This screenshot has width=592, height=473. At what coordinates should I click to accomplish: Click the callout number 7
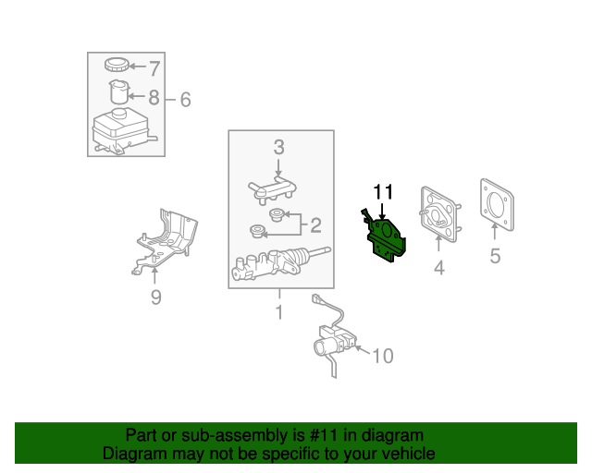pos(154,68)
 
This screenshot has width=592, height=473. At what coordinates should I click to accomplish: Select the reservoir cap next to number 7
pos(117,65)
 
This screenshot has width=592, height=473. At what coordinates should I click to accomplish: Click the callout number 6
pos(185,100)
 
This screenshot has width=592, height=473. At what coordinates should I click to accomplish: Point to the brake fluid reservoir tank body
pos(121,131)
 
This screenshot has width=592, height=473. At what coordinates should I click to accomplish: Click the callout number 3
pos(279,147)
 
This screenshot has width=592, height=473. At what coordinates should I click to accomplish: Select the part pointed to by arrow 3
pos(272,189)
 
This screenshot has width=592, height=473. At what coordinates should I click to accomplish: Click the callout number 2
pos(315,225)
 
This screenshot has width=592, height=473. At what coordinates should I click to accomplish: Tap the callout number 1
pos(279,312)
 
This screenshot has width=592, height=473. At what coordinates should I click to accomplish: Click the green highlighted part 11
pos(384,236)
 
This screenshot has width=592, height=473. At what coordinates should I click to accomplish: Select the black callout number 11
pos(383,191)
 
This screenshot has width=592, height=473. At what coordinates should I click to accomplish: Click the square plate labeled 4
pos(440,213)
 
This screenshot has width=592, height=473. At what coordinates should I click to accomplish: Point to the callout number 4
pos(439,268)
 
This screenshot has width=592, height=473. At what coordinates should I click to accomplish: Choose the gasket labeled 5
pos(497,204)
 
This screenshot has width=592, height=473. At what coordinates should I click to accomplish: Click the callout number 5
pos(496,256)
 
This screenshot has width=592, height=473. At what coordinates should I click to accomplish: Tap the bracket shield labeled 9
pos(165,241)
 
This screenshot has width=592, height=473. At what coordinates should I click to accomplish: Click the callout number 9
pos(156,297)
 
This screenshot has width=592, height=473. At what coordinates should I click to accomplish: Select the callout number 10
pos(383,356)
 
